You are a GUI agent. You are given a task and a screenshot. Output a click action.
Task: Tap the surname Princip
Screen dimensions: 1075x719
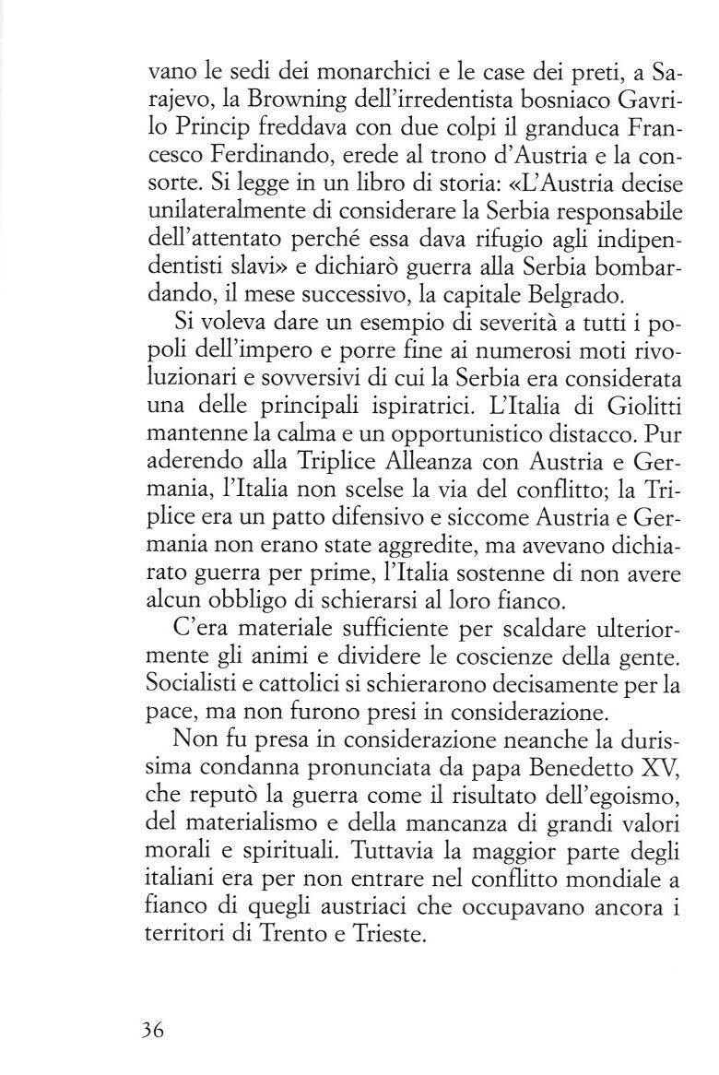pos(218,124)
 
